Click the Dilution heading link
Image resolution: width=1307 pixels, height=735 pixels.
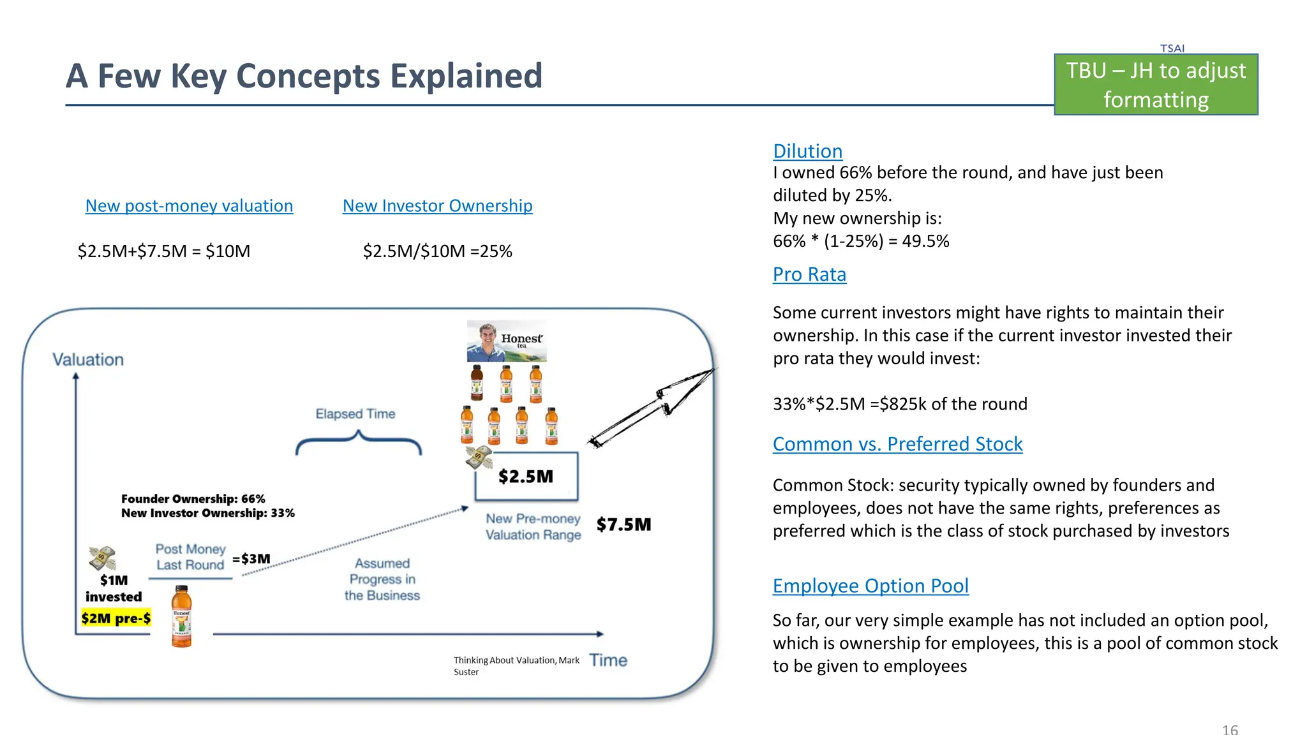(x=807, y=151)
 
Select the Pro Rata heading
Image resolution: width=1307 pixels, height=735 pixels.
(x=809, y=274)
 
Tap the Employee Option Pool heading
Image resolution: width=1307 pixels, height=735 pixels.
(x=870, y=586)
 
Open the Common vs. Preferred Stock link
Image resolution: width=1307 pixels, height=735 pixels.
(x=897, y=444)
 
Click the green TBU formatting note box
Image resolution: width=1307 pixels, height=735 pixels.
(x=1156, y=85)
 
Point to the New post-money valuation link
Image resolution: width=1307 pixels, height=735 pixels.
(x=189, y=206)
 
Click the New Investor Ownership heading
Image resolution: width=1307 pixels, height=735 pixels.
(x=437, y=206)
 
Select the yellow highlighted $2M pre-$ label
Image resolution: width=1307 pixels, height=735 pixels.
(x=116, y=618)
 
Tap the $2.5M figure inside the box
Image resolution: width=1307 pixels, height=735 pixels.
(x=526, y=477)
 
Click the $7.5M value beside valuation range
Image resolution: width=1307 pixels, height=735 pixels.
(x=624, y=524)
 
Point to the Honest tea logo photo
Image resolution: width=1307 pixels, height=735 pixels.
(x=507, y=341)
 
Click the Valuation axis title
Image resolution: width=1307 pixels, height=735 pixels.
(x=88, y=360)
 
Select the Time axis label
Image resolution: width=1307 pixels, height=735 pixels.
(x=608, y=660)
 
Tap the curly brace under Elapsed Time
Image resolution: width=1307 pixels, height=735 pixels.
(x=358, y=443)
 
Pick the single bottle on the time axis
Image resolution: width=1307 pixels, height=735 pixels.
(x=182, y=616)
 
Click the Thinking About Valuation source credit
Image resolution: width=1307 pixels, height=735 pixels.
(x=516, y=665)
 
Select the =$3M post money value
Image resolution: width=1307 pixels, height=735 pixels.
(x=251, y=559)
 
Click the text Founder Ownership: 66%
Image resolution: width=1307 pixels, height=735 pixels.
(x=193, y=499)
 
